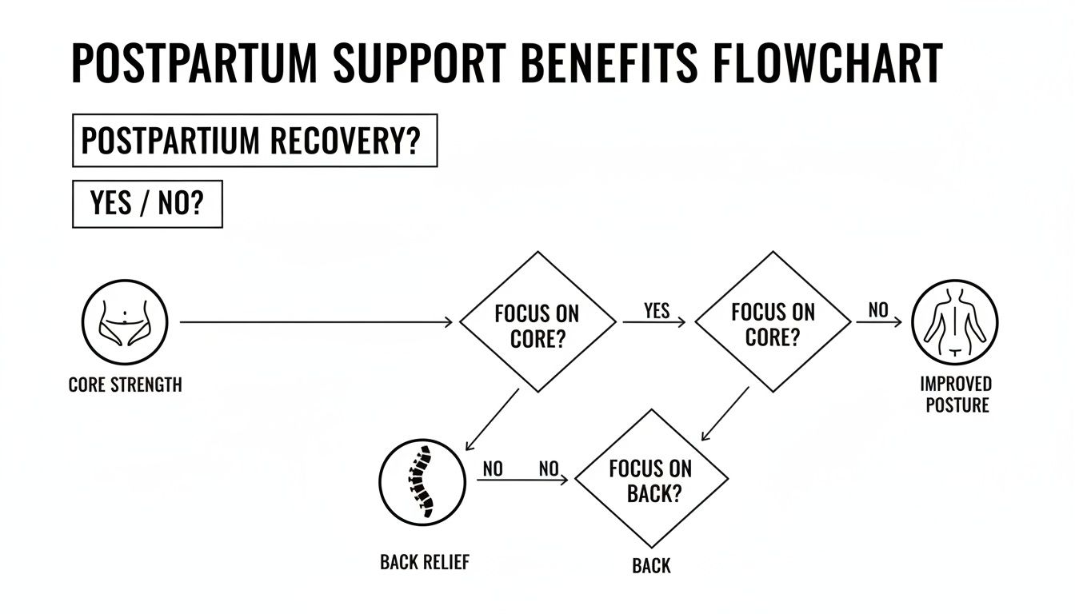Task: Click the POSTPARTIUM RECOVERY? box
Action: pos(254,142)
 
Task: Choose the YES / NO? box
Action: pos(147,204)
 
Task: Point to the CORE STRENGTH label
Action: pos(125,385)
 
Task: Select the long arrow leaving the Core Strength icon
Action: pos(316,322)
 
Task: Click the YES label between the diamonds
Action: pos(656,311)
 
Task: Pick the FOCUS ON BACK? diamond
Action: pos(650,480)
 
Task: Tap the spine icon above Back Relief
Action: pos(421,480)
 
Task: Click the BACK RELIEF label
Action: pos(424,562)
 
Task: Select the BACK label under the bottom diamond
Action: pos(651,566)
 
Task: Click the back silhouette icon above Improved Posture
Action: pos(955,322)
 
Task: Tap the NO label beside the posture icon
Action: pos(877,311)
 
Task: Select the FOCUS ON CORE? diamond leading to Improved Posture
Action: pos(773,323)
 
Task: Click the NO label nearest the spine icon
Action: pos(493,469)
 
